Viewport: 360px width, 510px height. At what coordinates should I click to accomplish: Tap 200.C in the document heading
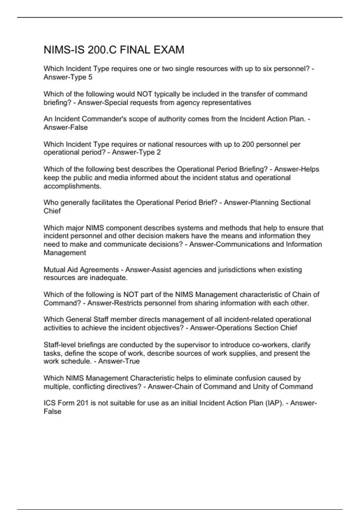[x=102, y=50]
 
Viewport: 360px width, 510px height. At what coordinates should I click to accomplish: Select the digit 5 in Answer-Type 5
[x=90, y=77]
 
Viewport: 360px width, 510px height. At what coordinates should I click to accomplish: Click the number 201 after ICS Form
[x=82, y=403]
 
